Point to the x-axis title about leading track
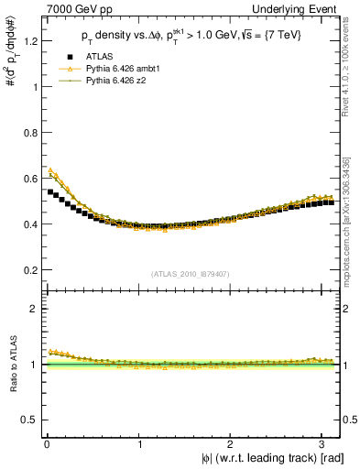pyautogui.click(x=267, y=458)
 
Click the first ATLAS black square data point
pyautogui.click(x=50, y=191)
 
